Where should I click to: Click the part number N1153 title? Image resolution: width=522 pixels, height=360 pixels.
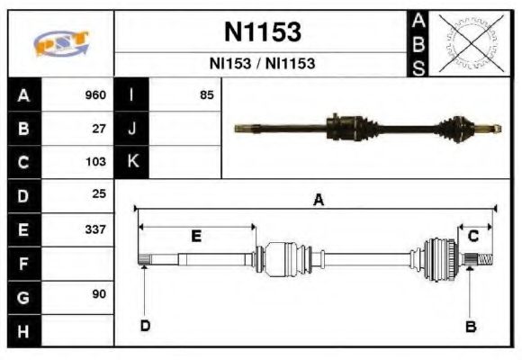(262, 33)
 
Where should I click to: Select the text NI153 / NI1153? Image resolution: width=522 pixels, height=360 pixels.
(262, 65)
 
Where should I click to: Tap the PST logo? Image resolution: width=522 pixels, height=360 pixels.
(60, 43)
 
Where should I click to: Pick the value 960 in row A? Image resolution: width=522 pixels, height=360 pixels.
(94, 95)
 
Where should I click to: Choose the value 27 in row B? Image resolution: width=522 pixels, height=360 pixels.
(99, 129)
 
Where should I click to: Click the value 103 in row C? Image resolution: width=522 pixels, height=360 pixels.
(94, 163)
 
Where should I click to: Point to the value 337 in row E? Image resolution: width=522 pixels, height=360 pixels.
(94, 229)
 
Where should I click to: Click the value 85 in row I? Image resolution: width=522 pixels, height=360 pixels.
(206, 95)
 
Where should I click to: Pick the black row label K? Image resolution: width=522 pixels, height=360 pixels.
(132, 162)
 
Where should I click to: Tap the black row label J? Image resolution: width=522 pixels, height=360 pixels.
(132, 129)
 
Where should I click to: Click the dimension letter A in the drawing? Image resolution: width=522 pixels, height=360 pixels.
(317, 200)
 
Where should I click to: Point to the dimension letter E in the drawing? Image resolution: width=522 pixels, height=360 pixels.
(195, 236)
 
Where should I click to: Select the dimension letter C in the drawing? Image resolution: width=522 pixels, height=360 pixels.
(472, 236)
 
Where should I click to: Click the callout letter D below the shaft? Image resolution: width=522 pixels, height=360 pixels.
(144, 326)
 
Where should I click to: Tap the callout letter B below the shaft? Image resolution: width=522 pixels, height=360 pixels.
(470, 326)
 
